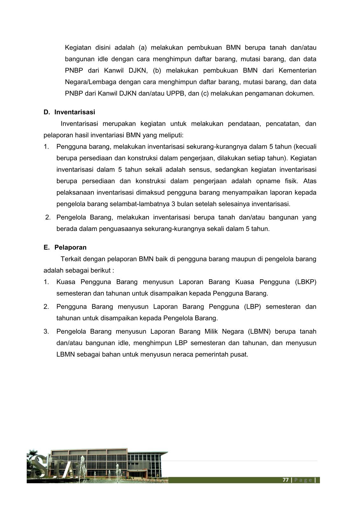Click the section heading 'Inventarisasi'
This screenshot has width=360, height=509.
click(75, 112)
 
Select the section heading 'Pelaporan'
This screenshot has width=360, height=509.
click(70, 247)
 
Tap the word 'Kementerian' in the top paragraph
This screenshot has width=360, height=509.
click(297, 70)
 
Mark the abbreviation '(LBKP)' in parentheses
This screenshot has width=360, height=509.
click(305, 282)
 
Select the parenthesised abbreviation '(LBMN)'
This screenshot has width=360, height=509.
click(259, 331)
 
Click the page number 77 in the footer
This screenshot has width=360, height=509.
click(286, 480)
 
